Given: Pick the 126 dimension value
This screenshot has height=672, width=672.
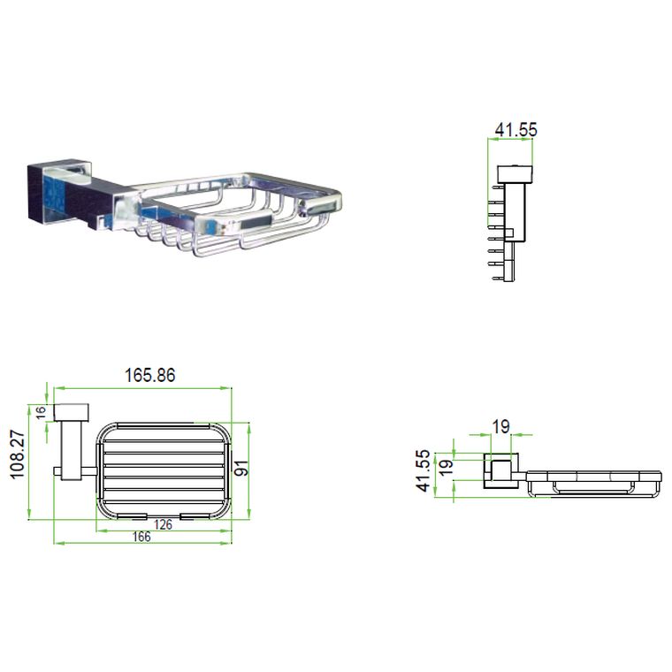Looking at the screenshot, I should (163, 524).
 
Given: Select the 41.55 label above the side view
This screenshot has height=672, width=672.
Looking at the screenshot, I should (515, 130).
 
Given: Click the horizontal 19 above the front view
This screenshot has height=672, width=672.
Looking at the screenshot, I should (500, 427).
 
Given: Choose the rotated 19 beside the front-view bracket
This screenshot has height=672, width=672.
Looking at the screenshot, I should (446, 465).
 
